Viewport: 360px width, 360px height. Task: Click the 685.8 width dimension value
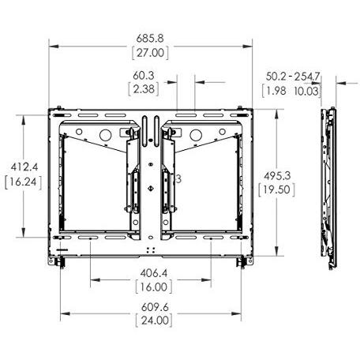coord(150,39)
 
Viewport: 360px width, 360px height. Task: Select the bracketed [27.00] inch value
coord(150,53)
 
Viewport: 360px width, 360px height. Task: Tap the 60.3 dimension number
coord(144,76)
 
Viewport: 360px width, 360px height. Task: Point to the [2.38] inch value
coord(144,89)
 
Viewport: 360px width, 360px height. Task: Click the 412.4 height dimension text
coord(24,167)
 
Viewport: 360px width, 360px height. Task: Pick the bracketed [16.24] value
coord(24,182)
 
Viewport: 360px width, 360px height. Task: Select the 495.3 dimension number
coord(277,175)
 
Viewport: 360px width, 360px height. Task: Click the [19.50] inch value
coord(276,189)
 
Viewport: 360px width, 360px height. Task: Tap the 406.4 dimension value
coord(154,273)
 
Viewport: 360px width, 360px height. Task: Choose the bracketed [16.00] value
coord(154,287)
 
